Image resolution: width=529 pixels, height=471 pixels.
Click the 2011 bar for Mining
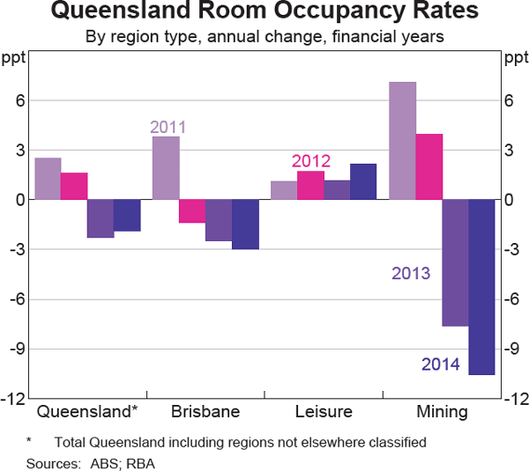coord(402,141)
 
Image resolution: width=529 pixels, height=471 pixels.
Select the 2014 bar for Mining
coord(481,287)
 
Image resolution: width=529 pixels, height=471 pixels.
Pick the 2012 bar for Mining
coord(428,166)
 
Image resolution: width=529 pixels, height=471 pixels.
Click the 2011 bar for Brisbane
coord(166,168)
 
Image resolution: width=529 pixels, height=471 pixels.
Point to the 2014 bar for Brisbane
coord(245,224)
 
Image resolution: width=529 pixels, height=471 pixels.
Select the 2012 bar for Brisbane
coord(192,211)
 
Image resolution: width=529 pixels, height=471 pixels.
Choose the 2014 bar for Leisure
coord(363,181)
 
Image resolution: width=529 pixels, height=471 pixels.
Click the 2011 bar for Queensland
coord(48,179)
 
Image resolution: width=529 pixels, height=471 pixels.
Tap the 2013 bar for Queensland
coord(101,218)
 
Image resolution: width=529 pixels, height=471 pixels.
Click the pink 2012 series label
coord(311,161)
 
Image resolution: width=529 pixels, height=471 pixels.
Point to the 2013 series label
coord(411,273)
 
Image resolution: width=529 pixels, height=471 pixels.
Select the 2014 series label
coord(441,364)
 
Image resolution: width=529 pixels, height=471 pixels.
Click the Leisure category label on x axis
coord(324,412)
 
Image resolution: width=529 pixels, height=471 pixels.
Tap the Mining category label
coord(442,412)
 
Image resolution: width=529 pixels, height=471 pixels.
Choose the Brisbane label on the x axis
coord(205,412)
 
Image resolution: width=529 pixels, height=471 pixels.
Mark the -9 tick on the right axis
coord(510,349)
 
